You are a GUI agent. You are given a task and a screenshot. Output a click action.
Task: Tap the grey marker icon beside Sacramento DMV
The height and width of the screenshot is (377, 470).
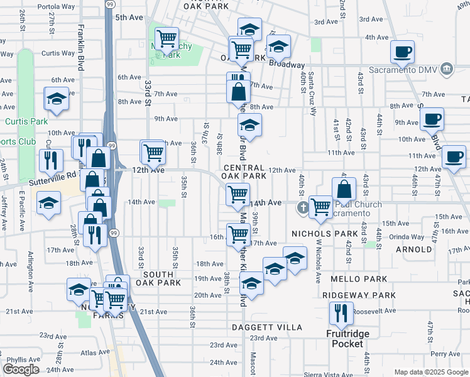pyautogui.click(x=447, y=68)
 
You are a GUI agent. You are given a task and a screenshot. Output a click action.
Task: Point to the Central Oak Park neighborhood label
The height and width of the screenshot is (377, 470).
pyautogui.click(x=249, y=172)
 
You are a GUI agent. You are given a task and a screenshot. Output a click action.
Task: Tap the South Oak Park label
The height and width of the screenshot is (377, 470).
pyautogui.click(x=161, y=278)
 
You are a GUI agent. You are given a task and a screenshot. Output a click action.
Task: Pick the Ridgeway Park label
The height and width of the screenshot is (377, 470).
pyautogui.click(x=359, y=295)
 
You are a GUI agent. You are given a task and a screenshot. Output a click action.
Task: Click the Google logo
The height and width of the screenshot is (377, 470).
pyautogui.click(x=21, y=369)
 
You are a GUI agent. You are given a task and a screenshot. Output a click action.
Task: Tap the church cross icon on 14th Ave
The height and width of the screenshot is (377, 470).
pyautogui.click(x=302, y=207)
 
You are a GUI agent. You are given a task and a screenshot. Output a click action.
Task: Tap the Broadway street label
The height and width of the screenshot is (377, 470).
pyautogui.click(x=287, y=65)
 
